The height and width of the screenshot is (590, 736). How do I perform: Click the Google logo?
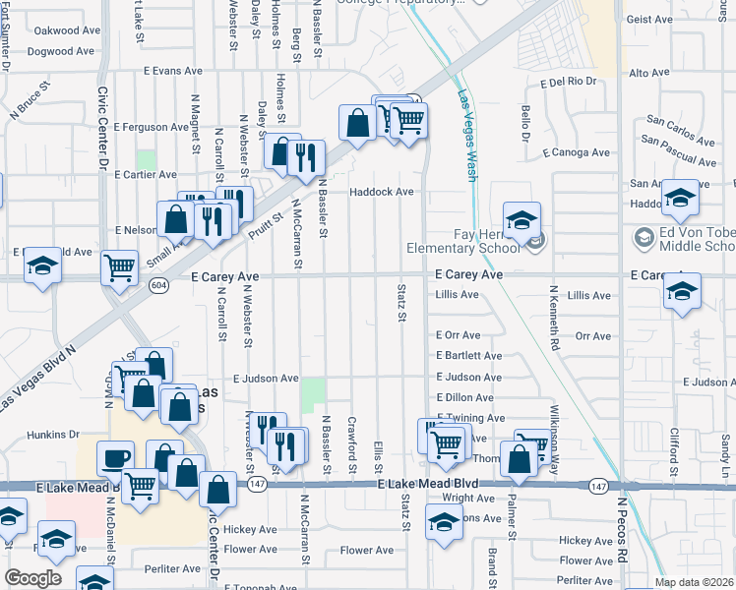32,578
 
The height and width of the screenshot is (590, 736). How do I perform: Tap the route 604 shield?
157,284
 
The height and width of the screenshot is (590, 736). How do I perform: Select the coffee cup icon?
115,458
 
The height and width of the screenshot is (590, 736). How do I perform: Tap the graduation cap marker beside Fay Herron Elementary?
522,219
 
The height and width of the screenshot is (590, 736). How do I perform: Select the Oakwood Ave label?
67,30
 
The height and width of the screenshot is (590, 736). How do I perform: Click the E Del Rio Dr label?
569,82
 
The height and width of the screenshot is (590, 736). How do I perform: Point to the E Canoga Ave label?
575,152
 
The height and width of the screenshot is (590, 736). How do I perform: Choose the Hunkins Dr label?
53,434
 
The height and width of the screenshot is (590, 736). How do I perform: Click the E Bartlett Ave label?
468,356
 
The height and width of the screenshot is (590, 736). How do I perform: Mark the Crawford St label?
351,437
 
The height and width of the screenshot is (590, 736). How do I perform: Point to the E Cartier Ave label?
145,175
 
